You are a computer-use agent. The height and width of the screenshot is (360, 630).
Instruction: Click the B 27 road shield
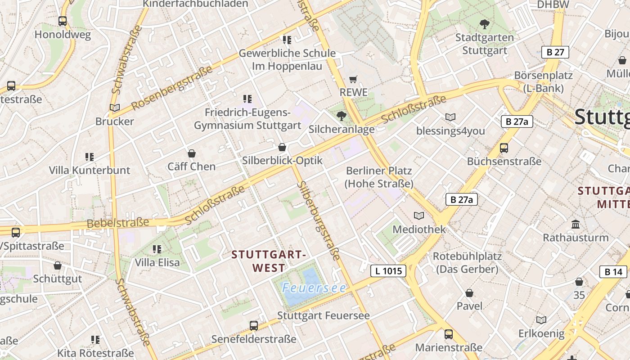(x=555, y=52)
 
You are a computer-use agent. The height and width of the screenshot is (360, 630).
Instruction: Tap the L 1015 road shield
(x=388, y=270)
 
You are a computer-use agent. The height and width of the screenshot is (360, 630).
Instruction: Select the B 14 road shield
(x=613, y=271)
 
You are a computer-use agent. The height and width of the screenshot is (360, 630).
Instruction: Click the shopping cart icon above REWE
(x=353, y=80)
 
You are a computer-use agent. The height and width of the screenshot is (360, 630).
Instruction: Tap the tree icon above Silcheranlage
(x=342, y=116)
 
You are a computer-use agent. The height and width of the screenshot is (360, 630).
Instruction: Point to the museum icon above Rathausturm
(x=575, y=224)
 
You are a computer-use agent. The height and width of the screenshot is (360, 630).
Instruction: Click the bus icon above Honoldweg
(x=63, y=21)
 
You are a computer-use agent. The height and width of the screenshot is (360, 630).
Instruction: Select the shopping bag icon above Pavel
(x=469, y=293)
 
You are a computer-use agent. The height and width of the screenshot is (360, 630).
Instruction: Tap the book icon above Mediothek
(x=419, y=216)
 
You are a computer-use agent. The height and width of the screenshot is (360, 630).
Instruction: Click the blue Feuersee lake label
(x=314, y=288)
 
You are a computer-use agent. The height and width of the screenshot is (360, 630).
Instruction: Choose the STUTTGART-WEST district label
(x=269, y=261)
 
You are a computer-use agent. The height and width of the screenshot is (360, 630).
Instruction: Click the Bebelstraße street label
(x=117, y=223)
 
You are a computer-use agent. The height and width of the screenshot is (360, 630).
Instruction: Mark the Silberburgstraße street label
(x=319, y=220)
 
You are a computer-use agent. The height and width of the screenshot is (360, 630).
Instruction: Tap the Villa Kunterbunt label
(x=90, y=170)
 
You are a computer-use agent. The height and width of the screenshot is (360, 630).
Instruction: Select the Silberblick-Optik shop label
(x=282, y=160)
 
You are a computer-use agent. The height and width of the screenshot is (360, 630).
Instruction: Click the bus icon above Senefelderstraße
(x=254, y=325)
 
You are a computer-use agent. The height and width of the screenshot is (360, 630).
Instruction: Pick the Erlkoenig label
(x=541, y=333)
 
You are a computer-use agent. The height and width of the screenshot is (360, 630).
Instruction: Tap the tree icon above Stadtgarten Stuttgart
(x=485, y=24)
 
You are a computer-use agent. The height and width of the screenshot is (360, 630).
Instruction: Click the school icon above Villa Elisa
(x=157, y=249)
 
